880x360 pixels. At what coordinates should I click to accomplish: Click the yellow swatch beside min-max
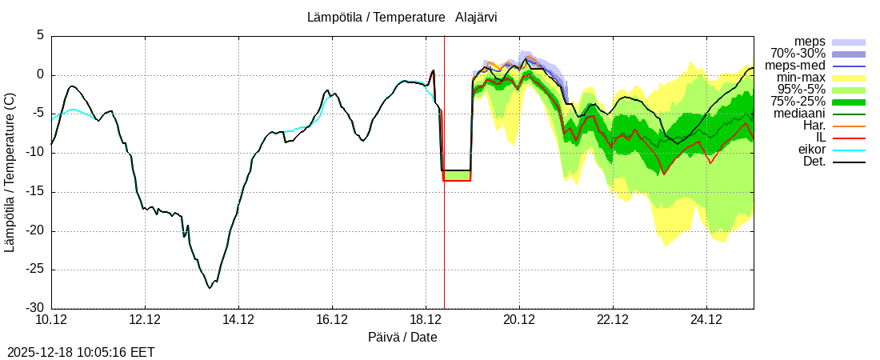click(x=849, y=78)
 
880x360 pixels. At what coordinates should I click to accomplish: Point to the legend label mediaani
click(x=798, y=114)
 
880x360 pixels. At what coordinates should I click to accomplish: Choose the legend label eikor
click(x=812, y=150)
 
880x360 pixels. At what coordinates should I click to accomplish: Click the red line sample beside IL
click(x=849, y=138)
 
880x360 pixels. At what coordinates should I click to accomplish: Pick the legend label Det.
click(x=814, y=162)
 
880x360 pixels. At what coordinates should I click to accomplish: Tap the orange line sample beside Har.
click(x=849, y=126)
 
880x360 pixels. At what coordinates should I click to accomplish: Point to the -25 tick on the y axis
click(x=34, y=270)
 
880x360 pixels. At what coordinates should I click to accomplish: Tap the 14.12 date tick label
click(x=238, y=321)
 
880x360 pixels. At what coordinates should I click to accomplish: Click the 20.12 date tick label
click(x=519, y=321)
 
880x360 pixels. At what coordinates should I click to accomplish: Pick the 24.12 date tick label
click(x=706, y=321)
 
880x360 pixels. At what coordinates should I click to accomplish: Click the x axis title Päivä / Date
click(x=402, y=337)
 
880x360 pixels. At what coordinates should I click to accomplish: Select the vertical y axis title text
click(x=10, y=172)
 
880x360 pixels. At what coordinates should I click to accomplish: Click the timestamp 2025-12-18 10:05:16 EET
click(x=81, y=352)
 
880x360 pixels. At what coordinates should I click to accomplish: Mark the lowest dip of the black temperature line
click(x=210, y=287)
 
